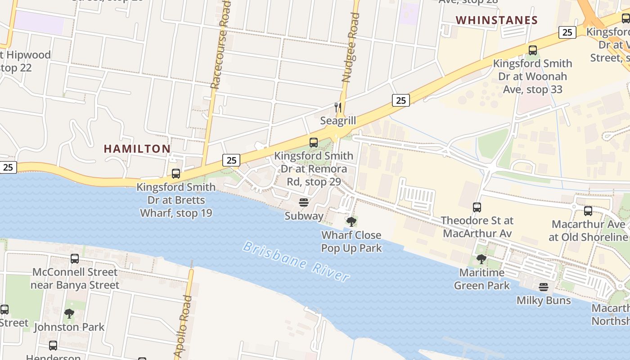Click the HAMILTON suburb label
pyautogui.click(x=137, y=148)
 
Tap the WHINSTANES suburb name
pyautogui.click(x=497, y=20)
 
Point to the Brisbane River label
pyautogui.click(x=296, y=261)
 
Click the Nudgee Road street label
pyautogui.click(x=351, y=47)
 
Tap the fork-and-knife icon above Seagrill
pyautogui.click(x=338, y=108)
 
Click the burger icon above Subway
pyautogui.click(x=304, y=202)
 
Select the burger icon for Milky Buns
pyautogui.click(x=544, y=287)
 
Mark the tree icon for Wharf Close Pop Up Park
pyautogui.click(x=351, y=221)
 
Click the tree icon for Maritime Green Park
pyautogui.click(x=481, y=259)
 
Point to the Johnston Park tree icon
pyautogui.click(x=69, y=313)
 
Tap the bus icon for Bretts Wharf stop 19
pyautogui.click(x=176, y=174)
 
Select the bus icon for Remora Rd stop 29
pyautogui.click(x=314, y=143)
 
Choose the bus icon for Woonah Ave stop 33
pyautogui.click(x=533, y=50)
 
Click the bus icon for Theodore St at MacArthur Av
pyautogui.click(x=477, y=207)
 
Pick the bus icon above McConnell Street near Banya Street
pyautogui.click(x=75, y=259)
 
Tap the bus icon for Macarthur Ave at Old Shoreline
pyautogui.click(x=588, y=211)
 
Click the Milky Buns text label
pyautogui.click(x=544, y=300)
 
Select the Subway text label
pyautogui.click(x=304, y=216)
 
